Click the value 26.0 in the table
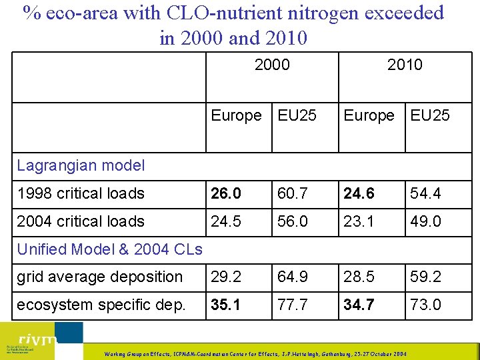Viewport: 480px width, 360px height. pyautogui.click(x=226, y=193)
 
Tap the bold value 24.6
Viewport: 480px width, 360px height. pyautogui.click(x=359, y=193)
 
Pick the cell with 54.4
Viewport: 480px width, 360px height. pyautogui.click(x=425, y=193)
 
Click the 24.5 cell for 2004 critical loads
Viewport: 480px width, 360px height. pyautogui.click(x=225, y=221)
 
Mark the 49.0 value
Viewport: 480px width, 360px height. pyautogui.click(x=425, y=221)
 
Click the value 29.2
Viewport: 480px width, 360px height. pyautogui.click(x=225, y=277)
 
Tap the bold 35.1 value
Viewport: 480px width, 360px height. pyautogui.click(x=226, y=305)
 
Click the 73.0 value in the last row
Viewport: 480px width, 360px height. pyautogui.click(x=425, y=305)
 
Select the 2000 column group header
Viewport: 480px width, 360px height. pyautogui.click(x=272, y=65)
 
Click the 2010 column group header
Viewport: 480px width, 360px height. pyautogui.click(x=405, y=65)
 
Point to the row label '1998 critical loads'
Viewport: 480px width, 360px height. pyautogui.click(x=81, y=193)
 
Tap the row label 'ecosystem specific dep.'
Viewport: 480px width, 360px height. pyautogui.click(x=100, y=305)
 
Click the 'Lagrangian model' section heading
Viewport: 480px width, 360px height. pyautogui.click(x=71, y=165)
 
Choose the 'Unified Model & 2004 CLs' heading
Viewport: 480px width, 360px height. pyautogui.click(x=109, y=249)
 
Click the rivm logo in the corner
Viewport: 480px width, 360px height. pyautogui.click(x=41, y=341)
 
